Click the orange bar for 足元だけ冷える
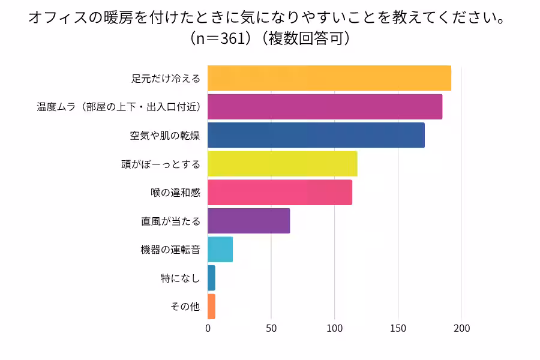pyautogui.click(x=329, y=79)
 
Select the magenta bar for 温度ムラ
pyautogui.click(x=325, y=107)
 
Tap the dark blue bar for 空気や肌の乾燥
pyautogui.click(x=316, y=136)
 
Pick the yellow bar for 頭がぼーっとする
pyautogui.click(x=283, y=164)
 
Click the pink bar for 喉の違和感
pyautogui.click(x=280, y=193)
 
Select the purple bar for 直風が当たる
pyautogui.click(x=249, y=221)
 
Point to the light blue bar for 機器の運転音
pyautogui.click(x=220, y=250)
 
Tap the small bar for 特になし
pyautogui.click(x=211, y=278)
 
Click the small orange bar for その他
pyautogui.click(x=211, y=307)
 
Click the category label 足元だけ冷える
pyautogui.click(x=166, y=79)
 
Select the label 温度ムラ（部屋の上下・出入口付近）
pyautogui.click(x=118, y=107)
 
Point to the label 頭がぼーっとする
pyautogui.click(x=161, y=164)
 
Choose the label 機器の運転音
pyautogui.click(x=170, y=250)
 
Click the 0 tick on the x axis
pyautogui.click(x=208, y=329)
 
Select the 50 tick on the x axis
pyautogui.click(x=271, y=329)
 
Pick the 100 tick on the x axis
pyautogui.click(x=335, y=329)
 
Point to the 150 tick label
pyautogui.click(x=398, y=329)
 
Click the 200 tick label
pyautogui.click(x=461, y=329)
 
